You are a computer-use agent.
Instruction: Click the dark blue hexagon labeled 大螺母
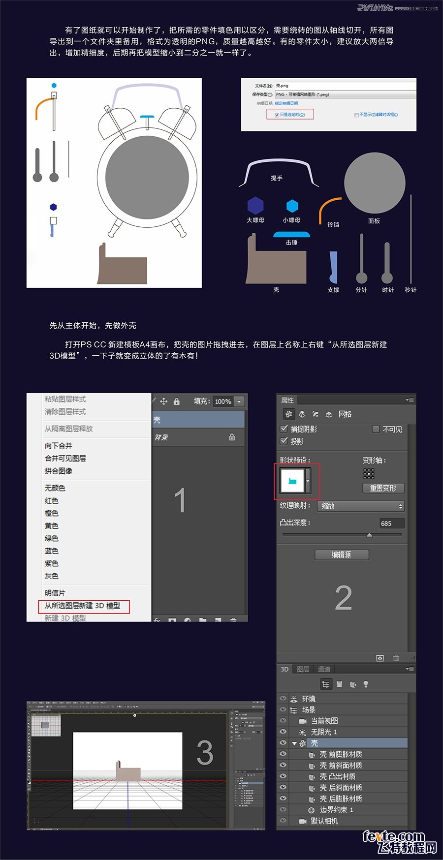click(255, 205)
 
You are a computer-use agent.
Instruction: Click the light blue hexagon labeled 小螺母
click(292, 206)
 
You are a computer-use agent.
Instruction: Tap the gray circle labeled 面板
click(375, 183)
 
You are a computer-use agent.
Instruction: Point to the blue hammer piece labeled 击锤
click(291, 235)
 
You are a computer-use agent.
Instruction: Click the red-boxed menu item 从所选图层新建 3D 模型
click(83, 606)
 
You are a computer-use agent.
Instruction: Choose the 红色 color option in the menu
click(52, 500)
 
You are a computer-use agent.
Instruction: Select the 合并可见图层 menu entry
click(65, 458)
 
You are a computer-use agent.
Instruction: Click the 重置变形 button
click(383, 488)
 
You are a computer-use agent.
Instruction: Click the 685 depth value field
click(391, 523)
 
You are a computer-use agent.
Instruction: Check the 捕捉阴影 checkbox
click(284, 429)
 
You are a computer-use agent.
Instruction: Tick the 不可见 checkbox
click(376, 429)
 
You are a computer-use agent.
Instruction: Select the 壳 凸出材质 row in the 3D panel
click(337, 776)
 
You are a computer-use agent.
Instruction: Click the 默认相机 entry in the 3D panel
click(324, 821)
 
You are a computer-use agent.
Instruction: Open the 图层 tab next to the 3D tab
click(303, 669)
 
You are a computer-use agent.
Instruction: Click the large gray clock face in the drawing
click(147, 178)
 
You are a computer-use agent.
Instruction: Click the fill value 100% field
click(223, 401)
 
